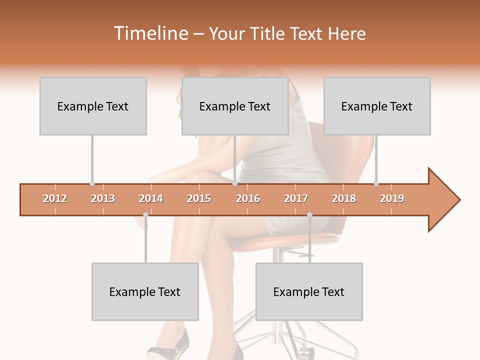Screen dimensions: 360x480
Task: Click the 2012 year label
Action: coord(55,198)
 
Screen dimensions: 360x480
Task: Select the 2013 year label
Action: coord(103,198)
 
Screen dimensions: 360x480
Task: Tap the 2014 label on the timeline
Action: coord(151,198)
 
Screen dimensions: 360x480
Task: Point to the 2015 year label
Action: coord(199,198)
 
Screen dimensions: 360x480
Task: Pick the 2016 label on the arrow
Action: coord(248,198)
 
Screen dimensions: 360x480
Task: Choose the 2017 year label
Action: coord(296,198)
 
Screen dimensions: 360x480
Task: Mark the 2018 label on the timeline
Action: coord(344,198)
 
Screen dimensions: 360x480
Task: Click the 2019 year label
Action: coord(392,198)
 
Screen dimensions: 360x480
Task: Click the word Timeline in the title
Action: coord(150,33)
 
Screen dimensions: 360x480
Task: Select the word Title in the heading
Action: coord(268,33)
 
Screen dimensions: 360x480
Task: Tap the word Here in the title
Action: coord(346,33)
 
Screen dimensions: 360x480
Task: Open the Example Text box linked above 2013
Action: coord(93,106)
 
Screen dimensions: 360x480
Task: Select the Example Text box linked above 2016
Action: coord(235,106)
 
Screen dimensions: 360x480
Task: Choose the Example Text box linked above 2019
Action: coord(377,106)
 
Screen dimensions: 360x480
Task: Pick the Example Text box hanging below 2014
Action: coord(145,291)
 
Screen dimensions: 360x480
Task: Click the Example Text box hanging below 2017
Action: coord(309,291)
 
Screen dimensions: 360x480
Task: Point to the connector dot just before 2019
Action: coord(376,183)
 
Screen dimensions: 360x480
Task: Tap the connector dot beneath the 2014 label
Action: coord(145,215)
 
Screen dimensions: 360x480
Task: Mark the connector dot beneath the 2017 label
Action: coord(309,215)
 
